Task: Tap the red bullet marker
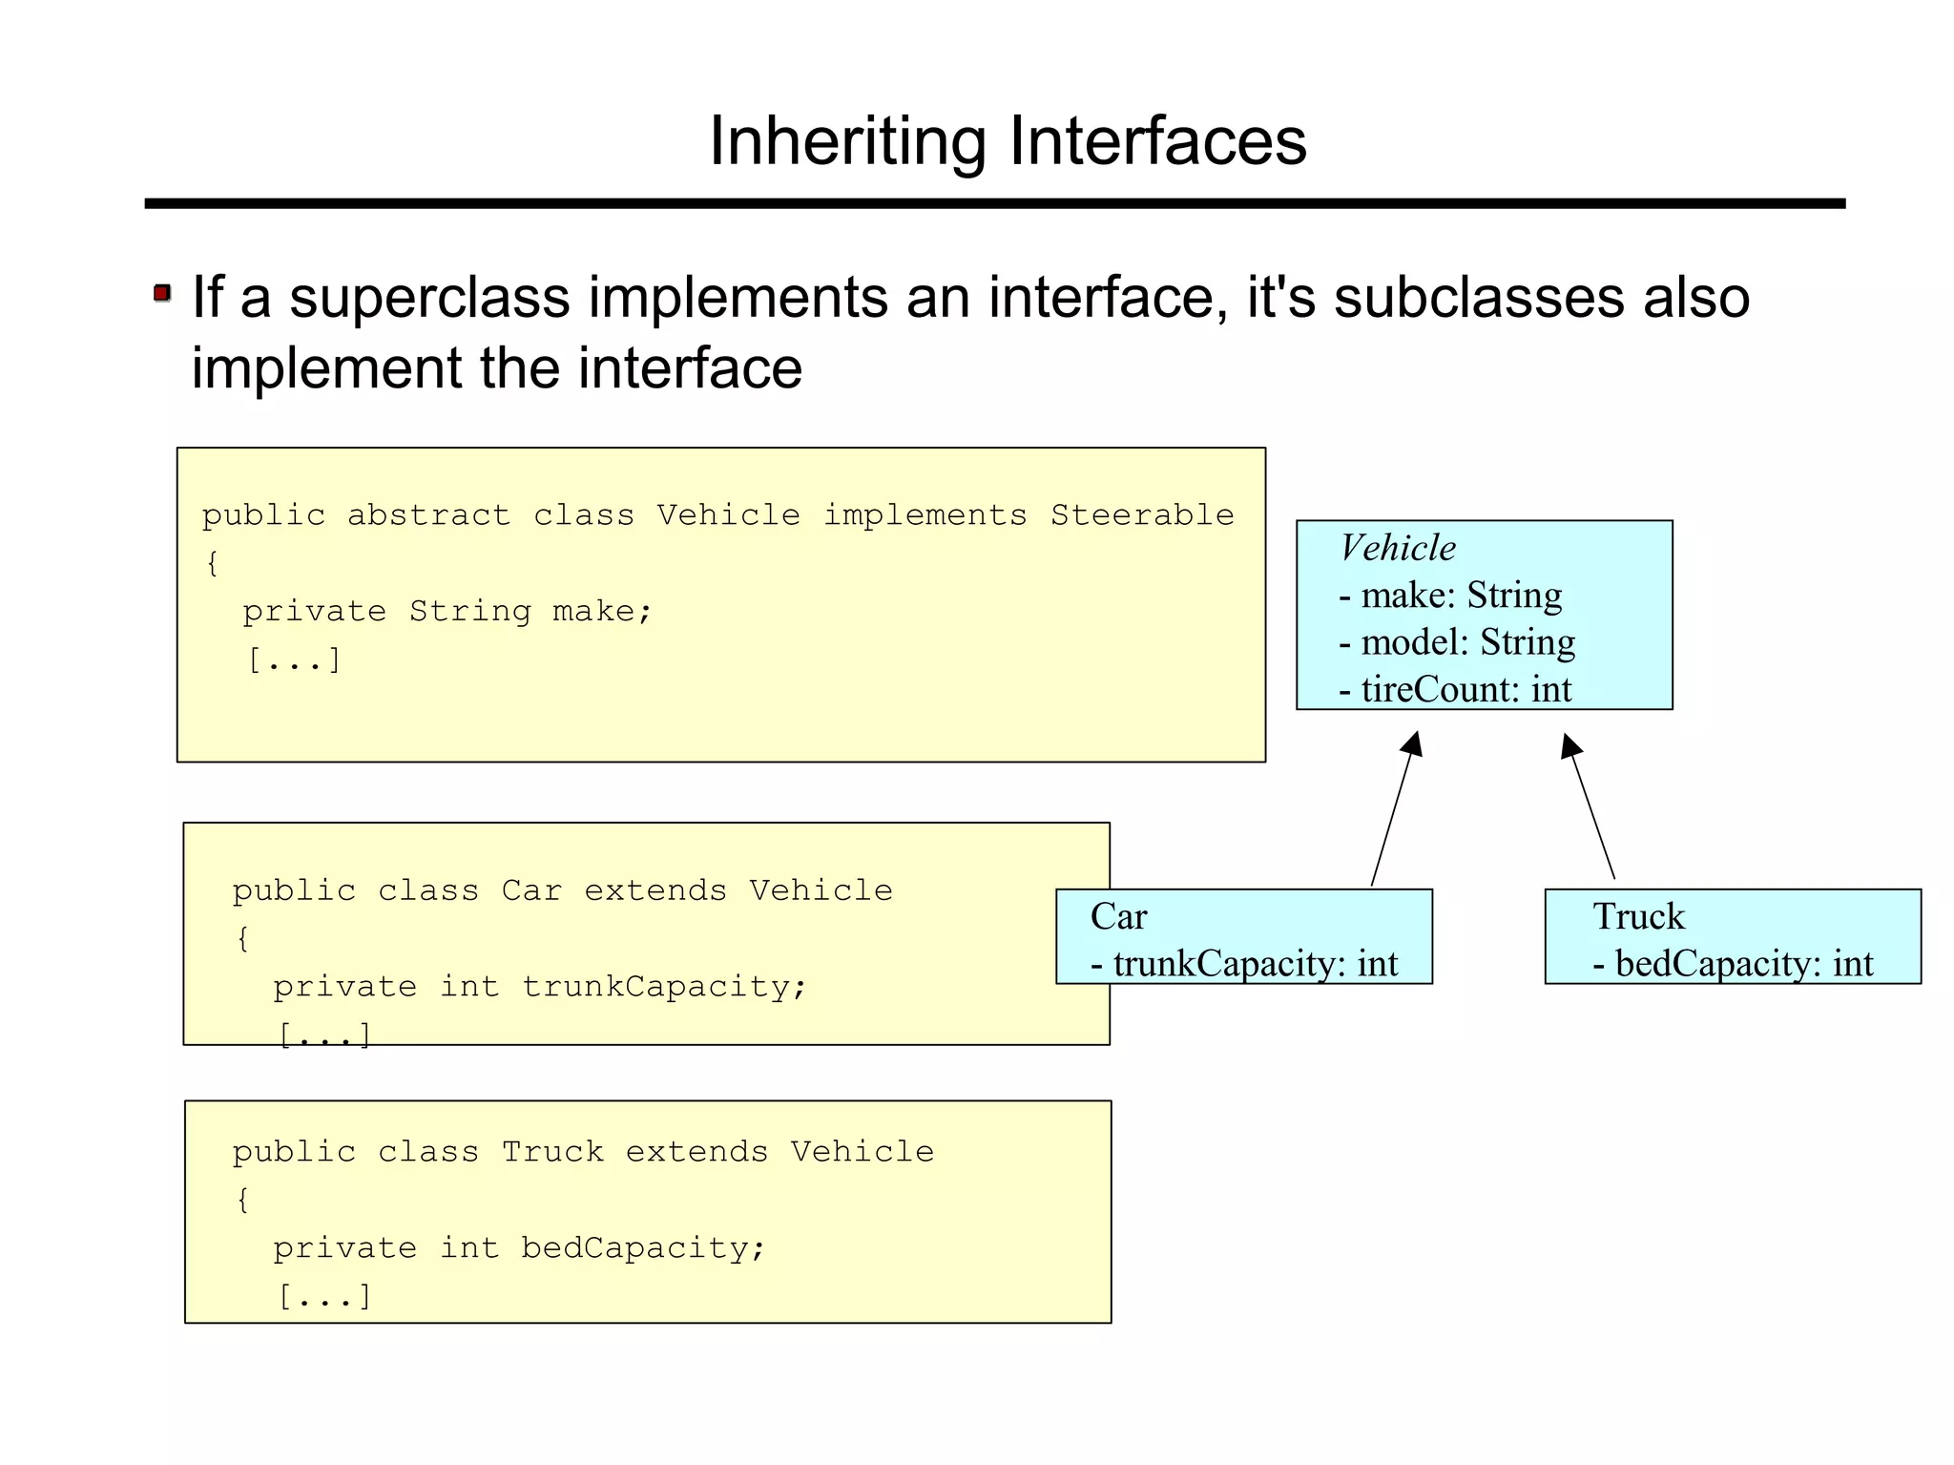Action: pyautogui.click(x=162, y=293)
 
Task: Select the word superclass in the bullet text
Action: pyautogui.click(x=429, y=298)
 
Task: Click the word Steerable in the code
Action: pyautogui.click(x=1142, y=515)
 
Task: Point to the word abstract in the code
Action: pyautogui.click(x=428, y=515)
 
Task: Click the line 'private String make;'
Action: pyautogui.click(x=447, y=611)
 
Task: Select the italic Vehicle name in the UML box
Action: pyautogui.click(x=1398, y=548)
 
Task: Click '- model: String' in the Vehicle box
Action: pyautogui.click(x=1456, y=642)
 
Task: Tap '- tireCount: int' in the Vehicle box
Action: pyautogui.click(x=1454, y=689)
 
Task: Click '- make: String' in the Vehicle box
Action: pyautogui.click(x=1450, y=596)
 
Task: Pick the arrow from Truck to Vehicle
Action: pyautogui.click(x=1590, y=807)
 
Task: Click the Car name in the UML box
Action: pyautogui.click(x=1118, y=916)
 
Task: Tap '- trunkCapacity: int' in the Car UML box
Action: pyautogui.click(x=1244, y=964)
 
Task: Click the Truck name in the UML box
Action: pyautogui.click(x=1638, y=916)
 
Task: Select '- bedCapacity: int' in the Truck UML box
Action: pyautogui.click(x=1733, y=964)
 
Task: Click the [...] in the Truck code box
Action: pyautogui.click(x=324, y=1296)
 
